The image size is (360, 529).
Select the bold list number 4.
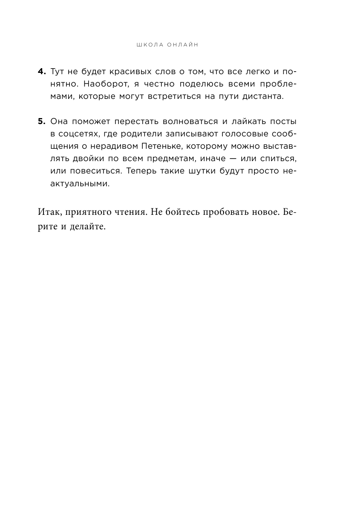(x=42, y=71)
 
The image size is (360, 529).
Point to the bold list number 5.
(x=42, y=121)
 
